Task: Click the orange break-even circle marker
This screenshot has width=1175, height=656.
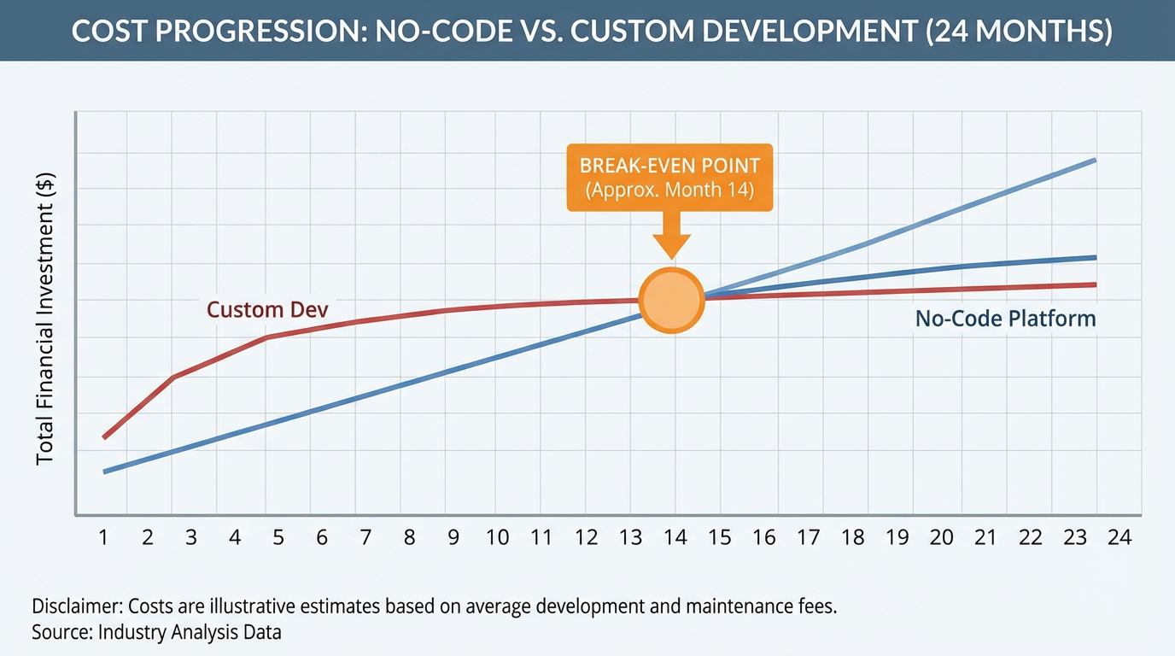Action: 673,300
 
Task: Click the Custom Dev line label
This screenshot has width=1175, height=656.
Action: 267,309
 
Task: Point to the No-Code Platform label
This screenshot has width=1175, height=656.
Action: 1005,319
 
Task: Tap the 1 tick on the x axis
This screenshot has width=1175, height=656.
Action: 104,537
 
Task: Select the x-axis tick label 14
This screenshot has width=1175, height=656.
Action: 675,537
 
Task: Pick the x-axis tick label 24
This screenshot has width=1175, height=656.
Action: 1119,537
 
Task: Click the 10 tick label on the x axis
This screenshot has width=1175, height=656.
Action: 497,537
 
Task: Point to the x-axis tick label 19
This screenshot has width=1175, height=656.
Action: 897,537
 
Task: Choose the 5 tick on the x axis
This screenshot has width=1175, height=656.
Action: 278,537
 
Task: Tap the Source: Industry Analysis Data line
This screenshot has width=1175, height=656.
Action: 156,633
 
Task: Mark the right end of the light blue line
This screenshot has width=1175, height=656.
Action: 1095,161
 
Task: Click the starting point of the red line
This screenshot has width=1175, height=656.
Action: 104,437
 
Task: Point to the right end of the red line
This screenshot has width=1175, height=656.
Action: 1095,284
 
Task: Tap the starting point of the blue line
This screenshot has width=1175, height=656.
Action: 104,471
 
